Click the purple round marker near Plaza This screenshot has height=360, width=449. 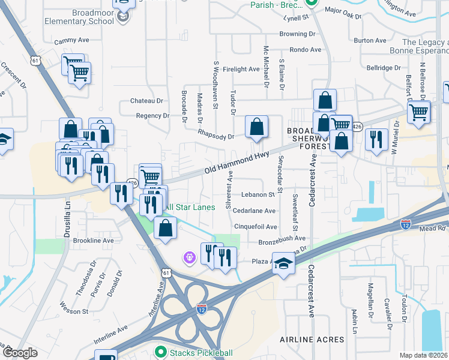pyautogui.click(x=189, y=257)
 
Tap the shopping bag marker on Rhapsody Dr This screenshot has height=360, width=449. pyautogui.click(x=256, y=127)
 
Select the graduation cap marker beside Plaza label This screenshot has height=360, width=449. pyautogui.click(x=283, y=263)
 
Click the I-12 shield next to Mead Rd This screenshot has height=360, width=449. pyautogui.click(x=406, y=224)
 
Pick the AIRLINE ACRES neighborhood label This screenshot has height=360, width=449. pyautogui.click(x=312, y=340)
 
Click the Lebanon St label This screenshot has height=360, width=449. pyautogui.click(x=258, y=194)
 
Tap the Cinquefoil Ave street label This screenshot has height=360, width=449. pyautogui.click(x=255, y=227)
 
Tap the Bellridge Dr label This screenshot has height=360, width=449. pyautogui.click(x=384, y=68)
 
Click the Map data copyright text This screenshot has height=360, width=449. pyautogui.click(x=423, y=355)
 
